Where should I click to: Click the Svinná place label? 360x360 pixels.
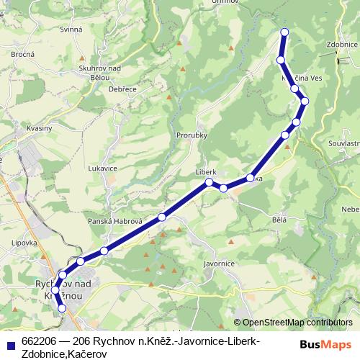[x=71, y=30]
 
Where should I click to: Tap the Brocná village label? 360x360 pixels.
[x=23, y=54]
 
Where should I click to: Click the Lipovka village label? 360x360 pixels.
[x=24, y=243]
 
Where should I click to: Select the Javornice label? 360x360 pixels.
[x=220, y=264]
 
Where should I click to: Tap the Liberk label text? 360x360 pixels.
[x=206, y=173]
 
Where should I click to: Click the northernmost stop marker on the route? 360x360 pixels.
[x=284, y=32]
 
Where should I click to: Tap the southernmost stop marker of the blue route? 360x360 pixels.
[x=61, y=308]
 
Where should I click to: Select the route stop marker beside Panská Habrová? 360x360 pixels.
[x=162, y=217]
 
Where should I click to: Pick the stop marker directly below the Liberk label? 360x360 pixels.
[x=209, y=182]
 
